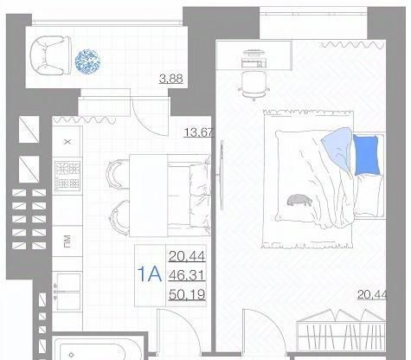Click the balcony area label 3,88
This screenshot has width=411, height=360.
[x=171, y=79]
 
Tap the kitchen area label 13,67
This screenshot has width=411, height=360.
[x=199, y=132]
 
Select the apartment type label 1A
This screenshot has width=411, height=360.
[x=150, y=274]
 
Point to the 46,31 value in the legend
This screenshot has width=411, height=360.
[x=187, y=275]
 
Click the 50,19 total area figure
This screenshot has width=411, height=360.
[x=187, y=294]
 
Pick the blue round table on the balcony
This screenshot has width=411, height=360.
[x=87, y=61]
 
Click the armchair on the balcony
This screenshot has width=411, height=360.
[x=51, y=55]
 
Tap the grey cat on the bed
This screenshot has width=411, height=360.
[x=299, y=200]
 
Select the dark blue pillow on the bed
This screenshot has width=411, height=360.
[x=366, y=155]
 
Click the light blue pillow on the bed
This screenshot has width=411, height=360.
[x=337, y=147]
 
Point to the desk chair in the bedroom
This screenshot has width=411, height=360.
[x=254, y=86]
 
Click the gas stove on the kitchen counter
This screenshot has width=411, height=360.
[x=67, y=176]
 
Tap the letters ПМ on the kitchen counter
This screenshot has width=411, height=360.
[x=67, y=241]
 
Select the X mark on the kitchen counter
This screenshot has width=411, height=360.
[x=67, y=142]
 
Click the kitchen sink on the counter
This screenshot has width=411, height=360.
[x=67, y=292]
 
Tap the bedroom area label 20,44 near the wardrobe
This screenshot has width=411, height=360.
[x=372, y=294]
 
